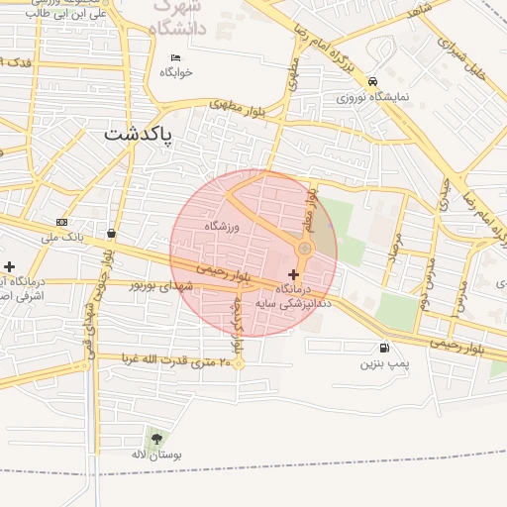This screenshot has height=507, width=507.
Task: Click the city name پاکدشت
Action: pyautogui.click(x=138, y=133)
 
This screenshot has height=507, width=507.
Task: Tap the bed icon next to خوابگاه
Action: pyautogui.click(x=176, y=57)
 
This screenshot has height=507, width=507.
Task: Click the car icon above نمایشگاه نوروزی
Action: pyautogui.click(x=372, y=81)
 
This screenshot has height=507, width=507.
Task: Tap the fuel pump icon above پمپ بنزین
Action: pyautogui.click(x=383, y=348)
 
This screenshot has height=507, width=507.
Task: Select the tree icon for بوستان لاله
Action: pyautogui.click(x=155, y=437)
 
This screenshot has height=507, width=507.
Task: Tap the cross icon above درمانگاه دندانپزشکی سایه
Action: pyautogui.click(x=293, y=272)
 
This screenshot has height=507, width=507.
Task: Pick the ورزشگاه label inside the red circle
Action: pyautogui.click(x=223, y=227)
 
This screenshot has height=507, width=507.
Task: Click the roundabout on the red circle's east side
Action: pyautogui.click(x=305, y=249)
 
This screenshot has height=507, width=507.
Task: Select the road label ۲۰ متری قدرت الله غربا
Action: pyautogui.click(x=162, y=358)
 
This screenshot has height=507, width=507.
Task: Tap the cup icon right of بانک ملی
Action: pyautogui.click(x=110, y=234)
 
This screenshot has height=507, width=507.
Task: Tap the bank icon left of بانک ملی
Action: pyautogui.click(x=61, y=222)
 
